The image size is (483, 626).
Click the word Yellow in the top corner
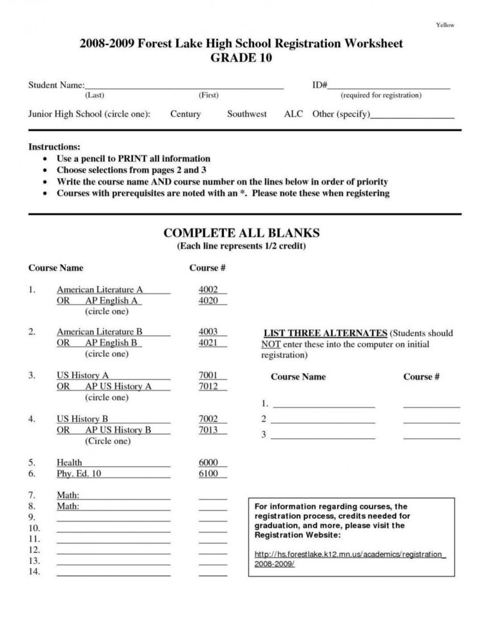[446, 25]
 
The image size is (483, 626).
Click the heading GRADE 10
[241, 58]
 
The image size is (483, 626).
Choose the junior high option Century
[186, 114]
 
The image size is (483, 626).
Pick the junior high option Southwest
[246, 114]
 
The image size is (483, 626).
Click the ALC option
[293, 114]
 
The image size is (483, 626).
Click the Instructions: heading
[54, 147]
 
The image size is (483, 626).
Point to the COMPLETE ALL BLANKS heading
[241, 233]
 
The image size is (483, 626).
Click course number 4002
[208, 290]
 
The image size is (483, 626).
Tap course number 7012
[208, 387]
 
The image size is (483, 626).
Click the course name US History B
[82, 418]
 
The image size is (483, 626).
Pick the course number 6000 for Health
[208, 462]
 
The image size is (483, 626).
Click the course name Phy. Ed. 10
[79, 474]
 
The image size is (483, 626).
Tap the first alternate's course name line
[324, 405]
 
